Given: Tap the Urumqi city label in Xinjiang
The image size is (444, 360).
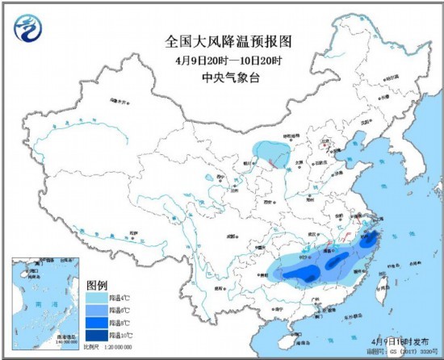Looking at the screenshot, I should coord(119,103).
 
